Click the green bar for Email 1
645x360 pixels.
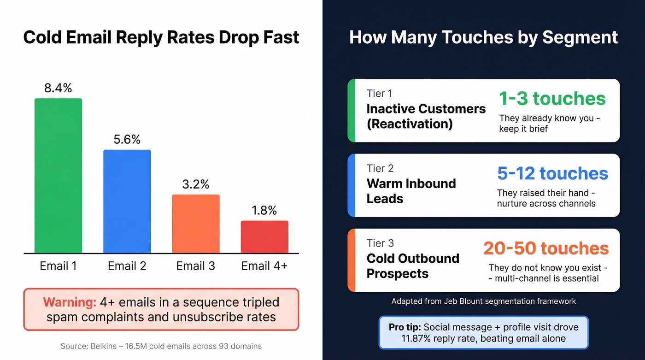pos(58,175)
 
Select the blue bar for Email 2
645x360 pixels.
pos(127,201)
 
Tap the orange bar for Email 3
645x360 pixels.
pos(196,224)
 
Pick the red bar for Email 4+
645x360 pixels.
pos(264,236)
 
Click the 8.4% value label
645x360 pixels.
pos(58,88)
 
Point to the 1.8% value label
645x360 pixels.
pos(264,211)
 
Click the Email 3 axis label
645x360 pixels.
pos(196,266)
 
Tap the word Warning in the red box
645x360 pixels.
pos(70,302)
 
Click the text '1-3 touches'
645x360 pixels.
pos(552,99)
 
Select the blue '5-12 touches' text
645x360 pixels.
pos(552,173)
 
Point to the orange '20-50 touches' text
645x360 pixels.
pos(546,248)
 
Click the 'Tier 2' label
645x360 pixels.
pos(380,168)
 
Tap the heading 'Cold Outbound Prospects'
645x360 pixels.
pos(413,266)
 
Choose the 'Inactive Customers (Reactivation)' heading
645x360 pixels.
pos(426,116)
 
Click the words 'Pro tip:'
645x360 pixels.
pos(405,327)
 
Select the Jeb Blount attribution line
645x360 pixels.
pos(483,301)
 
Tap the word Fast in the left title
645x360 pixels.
pos(280,37)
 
